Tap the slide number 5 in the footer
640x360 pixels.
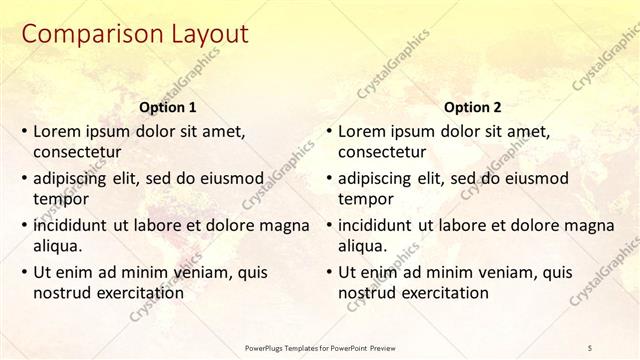[591, 346]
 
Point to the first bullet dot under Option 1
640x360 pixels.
[24, 131]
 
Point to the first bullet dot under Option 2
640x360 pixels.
[328, 131]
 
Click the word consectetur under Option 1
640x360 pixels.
[78, 153]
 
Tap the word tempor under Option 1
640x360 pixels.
[59, 200]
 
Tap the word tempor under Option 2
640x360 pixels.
[363, 200]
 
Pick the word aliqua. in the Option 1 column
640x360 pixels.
[59, 247]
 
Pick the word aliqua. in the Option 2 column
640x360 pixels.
[363, 247]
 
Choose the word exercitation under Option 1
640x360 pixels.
[136, 294]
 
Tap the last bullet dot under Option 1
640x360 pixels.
[24, 272]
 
